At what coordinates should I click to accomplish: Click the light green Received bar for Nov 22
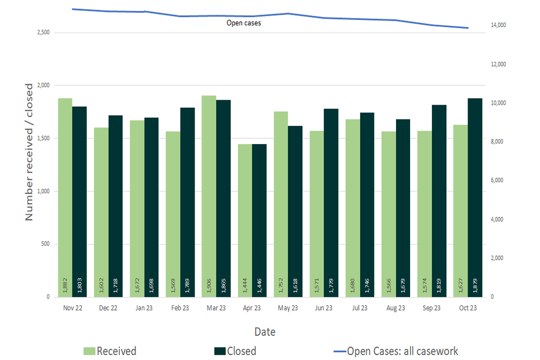tap(65, 197)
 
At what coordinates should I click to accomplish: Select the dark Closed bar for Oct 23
tap(475, 197)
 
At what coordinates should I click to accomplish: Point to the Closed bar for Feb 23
tap(187, 202)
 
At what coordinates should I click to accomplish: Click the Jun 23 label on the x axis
tap(324, 308)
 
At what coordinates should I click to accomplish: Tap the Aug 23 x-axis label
tap(396, 308)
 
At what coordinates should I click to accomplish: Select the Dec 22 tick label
tap(108, 308)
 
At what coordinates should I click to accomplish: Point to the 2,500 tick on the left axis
tap(43, 33)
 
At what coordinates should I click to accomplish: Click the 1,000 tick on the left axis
tap(43, 191)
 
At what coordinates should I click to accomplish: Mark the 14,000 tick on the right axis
tap(498, 25)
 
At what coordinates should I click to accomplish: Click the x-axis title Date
tap(264, 332)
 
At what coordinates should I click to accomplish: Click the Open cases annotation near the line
tap(244, 23)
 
